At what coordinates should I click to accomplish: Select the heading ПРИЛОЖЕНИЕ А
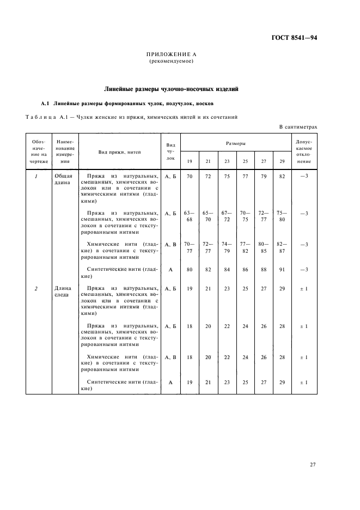point(172,55)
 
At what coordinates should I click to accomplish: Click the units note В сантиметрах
point(298,126)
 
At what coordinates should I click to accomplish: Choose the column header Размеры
point(236,143)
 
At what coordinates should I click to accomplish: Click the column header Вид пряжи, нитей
point(119,152)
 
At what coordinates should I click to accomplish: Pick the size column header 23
point(227,161)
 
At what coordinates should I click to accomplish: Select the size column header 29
point(281,161)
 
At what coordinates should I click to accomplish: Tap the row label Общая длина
point(63,179)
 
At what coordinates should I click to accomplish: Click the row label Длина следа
point(63,292)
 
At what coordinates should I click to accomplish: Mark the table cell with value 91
point(281,269)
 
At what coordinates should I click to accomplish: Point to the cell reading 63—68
point(190,216)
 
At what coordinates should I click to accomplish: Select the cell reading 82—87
point(281,247)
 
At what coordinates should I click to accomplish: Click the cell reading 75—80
point(281,216)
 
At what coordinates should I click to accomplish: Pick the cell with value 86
point(245,269)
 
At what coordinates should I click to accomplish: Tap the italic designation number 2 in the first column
point(36,288)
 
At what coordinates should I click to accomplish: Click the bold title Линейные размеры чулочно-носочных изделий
point(171,89)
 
